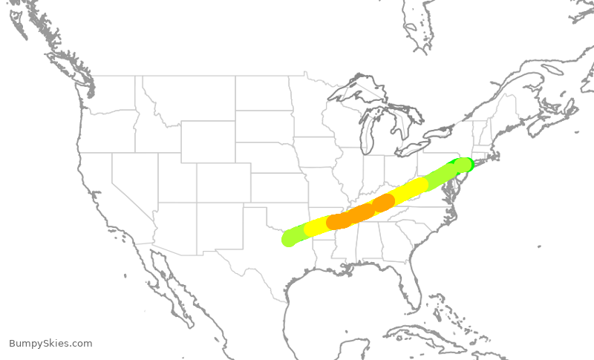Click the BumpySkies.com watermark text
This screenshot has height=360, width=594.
point(50,343)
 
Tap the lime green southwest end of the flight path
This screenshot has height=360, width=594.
point(290,238)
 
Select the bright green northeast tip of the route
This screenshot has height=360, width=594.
point(466,163)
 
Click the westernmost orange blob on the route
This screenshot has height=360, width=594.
point(339,221)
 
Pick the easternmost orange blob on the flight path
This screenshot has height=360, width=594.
point(383,203)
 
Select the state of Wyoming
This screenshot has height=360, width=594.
point(207,141)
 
